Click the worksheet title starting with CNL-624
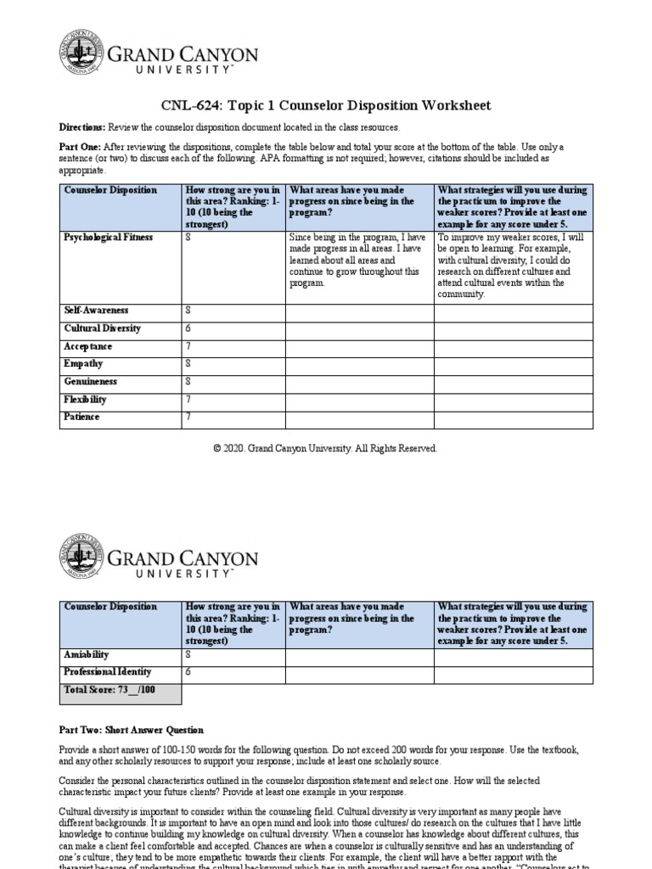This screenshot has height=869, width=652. coord(326,105)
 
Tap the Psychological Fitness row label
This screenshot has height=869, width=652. coord(108,238)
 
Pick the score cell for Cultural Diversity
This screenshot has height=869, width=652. coord(232,328)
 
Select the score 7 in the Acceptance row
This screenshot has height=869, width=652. coord(188,346)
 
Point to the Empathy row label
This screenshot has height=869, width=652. coord(83,364)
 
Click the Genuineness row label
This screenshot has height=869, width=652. coord(90,382)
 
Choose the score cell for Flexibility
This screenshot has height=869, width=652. coord(232,400)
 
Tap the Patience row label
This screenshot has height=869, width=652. coord(81,418)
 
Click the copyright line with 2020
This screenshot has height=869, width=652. coord(326,448)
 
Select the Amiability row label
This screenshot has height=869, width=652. coord(87,654)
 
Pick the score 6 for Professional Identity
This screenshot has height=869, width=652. coord(188,672)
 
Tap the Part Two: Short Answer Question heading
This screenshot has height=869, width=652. coord(131,730)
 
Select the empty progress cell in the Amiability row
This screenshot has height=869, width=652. coord(360,654)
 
